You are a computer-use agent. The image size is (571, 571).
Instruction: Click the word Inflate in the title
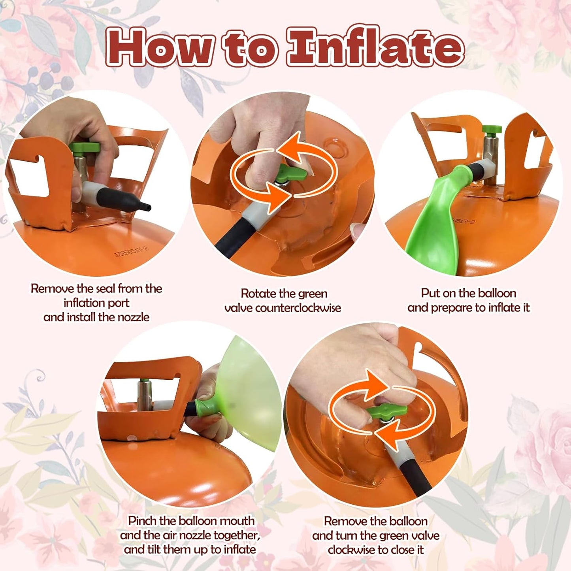(x=375, y=46)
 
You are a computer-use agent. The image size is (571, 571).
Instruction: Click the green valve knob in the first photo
(x=85, y=147)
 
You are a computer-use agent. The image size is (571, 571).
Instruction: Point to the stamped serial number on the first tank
(x=131, y=252)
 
